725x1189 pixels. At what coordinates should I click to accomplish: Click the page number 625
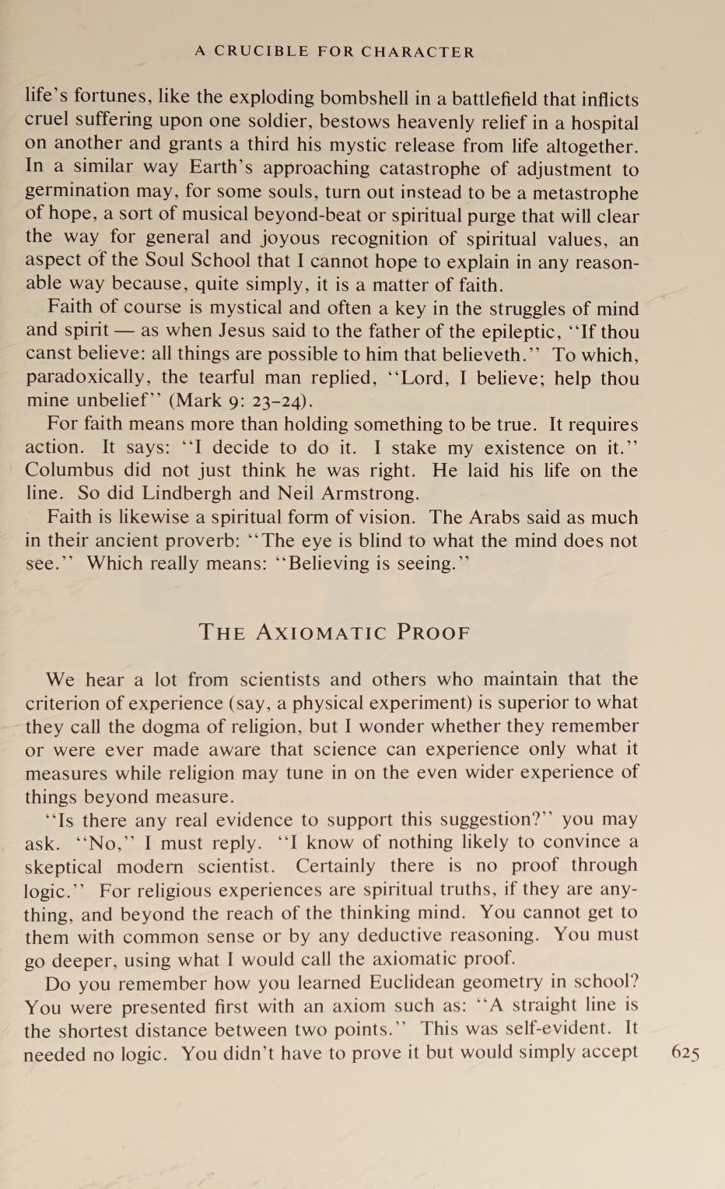pyautogui.click(x=685, y=1054)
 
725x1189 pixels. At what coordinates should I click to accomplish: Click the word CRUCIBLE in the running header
pyautogui.click(x=261, y=52)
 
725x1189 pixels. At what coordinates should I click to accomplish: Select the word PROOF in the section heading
pyautogui.click(x=433, y=632)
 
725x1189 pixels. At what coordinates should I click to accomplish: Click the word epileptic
pyautogui.click(x=468, y=331)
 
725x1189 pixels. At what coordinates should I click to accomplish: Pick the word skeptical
pyautogui.click(x=63, y=866)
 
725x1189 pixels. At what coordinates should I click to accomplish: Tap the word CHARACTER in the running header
pyautogui.click(x=417, y=52)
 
